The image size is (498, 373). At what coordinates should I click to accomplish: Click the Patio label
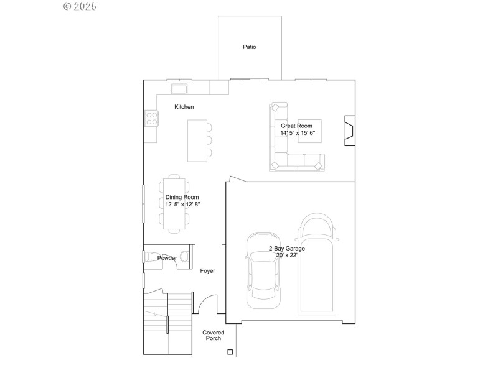pos(250,47)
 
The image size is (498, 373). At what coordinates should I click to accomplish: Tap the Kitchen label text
pos(184,107)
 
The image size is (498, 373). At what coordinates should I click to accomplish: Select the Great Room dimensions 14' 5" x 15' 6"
pos(298,133)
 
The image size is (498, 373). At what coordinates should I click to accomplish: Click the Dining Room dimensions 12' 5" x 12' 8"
pos(182,205)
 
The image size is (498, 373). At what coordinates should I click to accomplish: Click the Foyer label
pos(207,271)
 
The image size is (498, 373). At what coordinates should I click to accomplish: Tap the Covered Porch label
pos(214,336)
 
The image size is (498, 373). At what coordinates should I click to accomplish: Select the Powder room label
pos(167,258)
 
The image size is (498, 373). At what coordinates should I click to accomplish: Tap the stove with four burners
pos(151,118)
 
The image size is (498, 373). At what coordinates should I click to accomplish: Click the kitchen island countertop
pos(197,140)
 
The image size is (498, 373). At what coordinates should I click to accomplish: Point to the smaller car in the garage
pos(264,270)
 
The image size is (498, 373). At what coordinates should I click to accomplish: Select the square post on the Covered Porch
pos(230,352)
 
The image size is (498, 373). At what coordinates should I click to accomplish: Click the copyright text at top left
pos(80,6)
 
